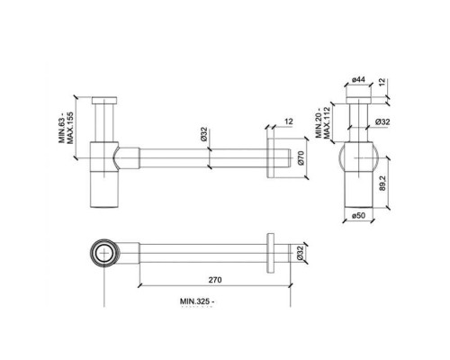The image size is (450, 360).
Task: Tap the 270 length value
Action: [x=212, y=280]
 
